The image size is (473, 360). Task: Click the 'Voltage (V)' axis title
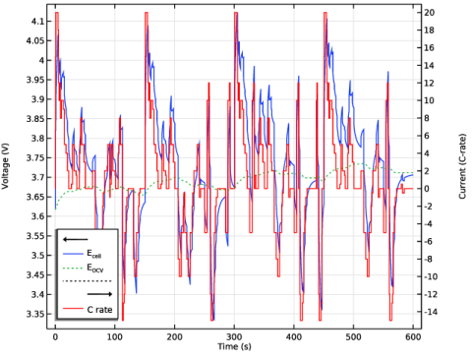[x=5, y=166]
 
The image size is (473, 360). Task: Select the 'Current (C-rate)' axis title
[x=462, y=166]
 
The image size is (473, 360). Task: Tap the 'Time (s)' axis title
[x=235, y=346]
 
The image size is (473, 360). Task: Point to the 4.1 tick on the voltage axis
[x=36, y=22]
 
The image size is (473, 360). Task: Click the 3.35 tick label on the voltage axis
[x=34, y=314]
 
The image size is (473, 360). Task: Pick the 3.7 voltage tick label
[x=36, y=178]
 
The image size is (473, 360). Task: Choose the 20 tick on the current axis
[x=430, y=13]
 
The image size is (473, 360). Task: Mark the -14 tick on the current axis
[x=431, y=312]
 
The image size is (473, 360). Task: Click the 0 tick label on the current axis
[x=427, y=189]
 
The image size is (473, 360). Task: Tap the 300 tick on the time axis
[x=234, y=337]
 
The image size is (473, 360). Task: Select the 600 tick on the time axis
[x=413, y=337]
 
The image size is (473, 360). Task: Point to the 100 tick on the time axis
[x=115, y=337]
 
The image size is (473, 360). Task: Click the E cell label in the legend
[x=94, y=254]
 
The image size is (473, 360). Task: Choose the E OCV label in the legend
[x=95, y=269]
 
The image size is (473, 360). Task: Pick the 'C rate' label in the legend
[x=99, y=310]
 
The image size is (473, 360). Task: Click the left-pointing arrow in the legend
[x=76, y=239]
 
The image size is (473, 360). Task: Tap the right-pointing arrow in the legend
[x=99, y=294]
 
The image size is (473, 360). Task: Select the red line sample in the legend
[x=73, y=309]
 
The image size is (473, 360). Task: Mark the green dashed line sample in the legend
[x=73, y=269]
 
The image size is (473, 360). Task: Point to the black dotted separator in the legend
[x=88, y=281]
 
